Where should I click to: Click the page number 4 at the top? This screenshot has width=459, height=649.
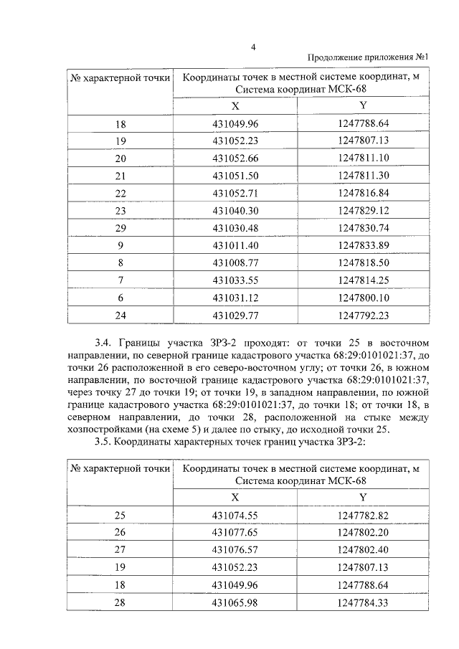[x=253, y=47]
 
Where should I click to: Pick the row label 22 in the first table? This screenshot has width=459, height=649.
[x=120, y=193]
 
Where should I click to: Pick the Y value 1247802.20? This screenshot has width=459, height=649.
[x=363, y=533]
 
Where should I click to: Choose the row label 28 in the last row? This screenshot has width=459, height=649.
[x=120, y=602]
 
